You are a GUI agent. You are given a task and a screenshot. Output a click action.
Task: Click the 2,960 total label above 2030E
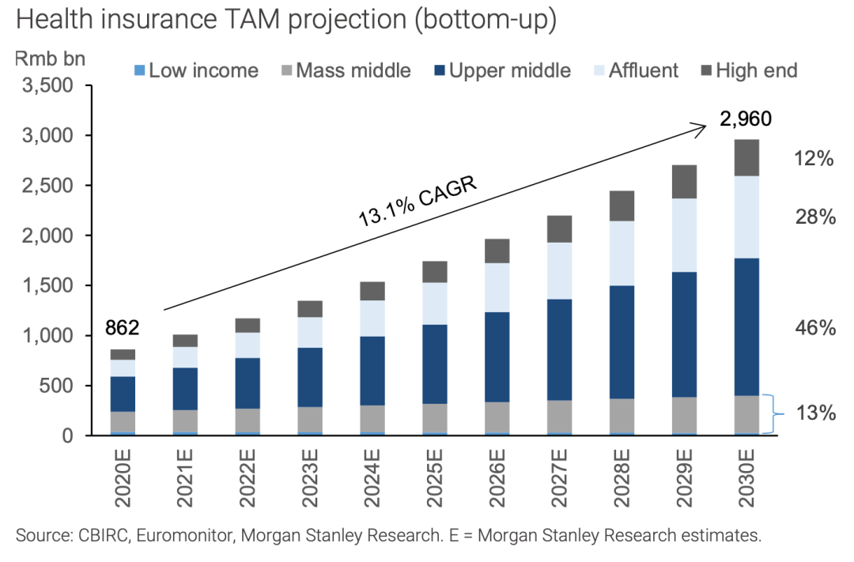(744, 119)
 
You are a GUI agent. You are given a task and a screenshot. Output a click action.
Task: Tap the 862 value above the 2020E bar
(122, 326)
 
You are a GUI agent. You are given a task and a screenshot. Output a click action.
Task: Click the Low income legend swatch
(139, 70)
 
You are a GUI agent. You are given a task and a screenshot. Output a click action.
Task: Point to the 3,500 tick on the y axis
(50, 85)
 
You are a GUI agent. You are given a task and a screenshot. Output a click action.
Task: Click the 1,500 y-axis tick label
(50, 285)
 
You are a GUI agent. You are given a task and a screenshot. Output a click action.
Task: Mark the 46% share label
(815, 328)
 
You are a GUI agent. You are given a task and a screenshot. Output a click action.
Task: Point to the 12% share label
(815, 159)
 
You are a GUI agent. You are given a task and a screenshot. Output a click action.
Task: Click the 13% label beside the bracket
(815, 413)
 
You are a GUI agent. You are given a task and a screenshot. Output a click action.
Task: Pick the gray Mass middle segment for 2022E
(247, 420)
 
